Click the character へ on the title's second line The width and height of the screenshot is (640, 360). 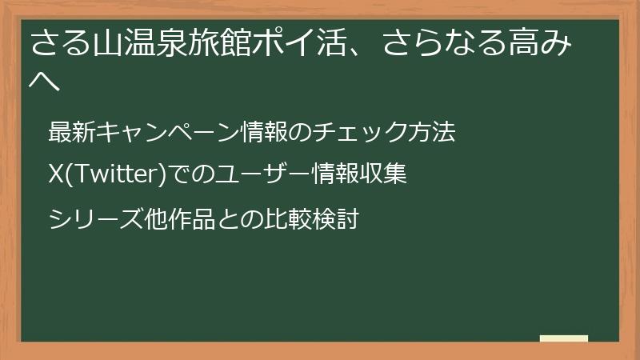pos(45,81)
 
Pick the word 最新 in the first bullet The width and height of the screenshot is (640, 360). pos(72,133)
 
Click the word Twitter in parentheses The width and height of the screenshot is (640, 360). pos(114,174)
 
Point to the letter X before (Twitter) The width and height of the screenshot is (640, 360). pos(56,174)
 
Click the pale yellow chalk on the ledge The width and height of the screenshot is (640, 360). pos(564,338)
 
